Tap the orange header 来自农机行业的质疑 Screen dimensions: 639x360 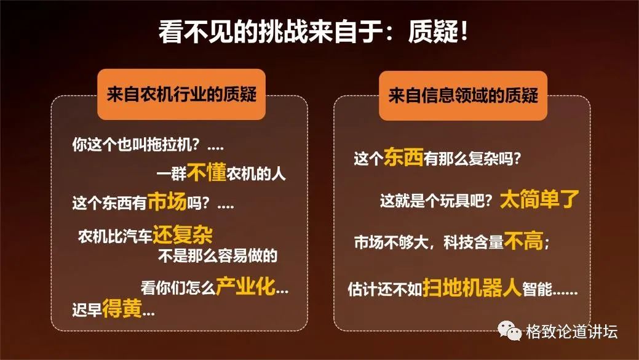[x=181, y=95]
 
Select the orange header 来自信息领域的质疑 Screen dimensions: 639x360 [x=463, y=96]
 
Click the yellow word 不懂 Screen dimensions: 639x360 [x=207, y=172]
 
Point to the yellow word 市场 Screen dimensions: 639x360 [x=167, y=201]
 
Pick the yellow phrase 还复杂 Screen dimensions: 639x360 [x=183, y=234]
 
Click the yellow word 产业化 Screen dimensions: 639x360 [x=246, y=286]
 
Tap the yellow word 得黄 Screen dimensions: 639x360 [x=122, y=308]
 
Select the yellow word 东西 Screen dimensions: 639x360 [x=403, y=157]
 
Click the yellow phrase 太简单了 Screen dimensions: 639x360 [x=539, y=199]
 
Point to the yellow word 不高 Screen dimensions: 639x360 [x=523, y=241]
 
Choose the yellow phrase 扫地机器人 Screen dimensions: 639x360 [x=472, y=288]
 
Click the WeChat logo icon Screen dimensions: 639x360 [x=509, y=330]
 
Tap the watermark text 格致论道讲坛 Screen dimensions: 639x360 [x=571, y=332]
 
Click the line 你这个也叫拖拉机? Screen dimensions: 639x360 [x=136, y=145]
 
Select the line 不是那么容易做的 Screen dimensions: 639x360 [x=218, y=255]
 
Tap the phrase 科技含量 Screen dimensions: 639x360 [x=474, y=242]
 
